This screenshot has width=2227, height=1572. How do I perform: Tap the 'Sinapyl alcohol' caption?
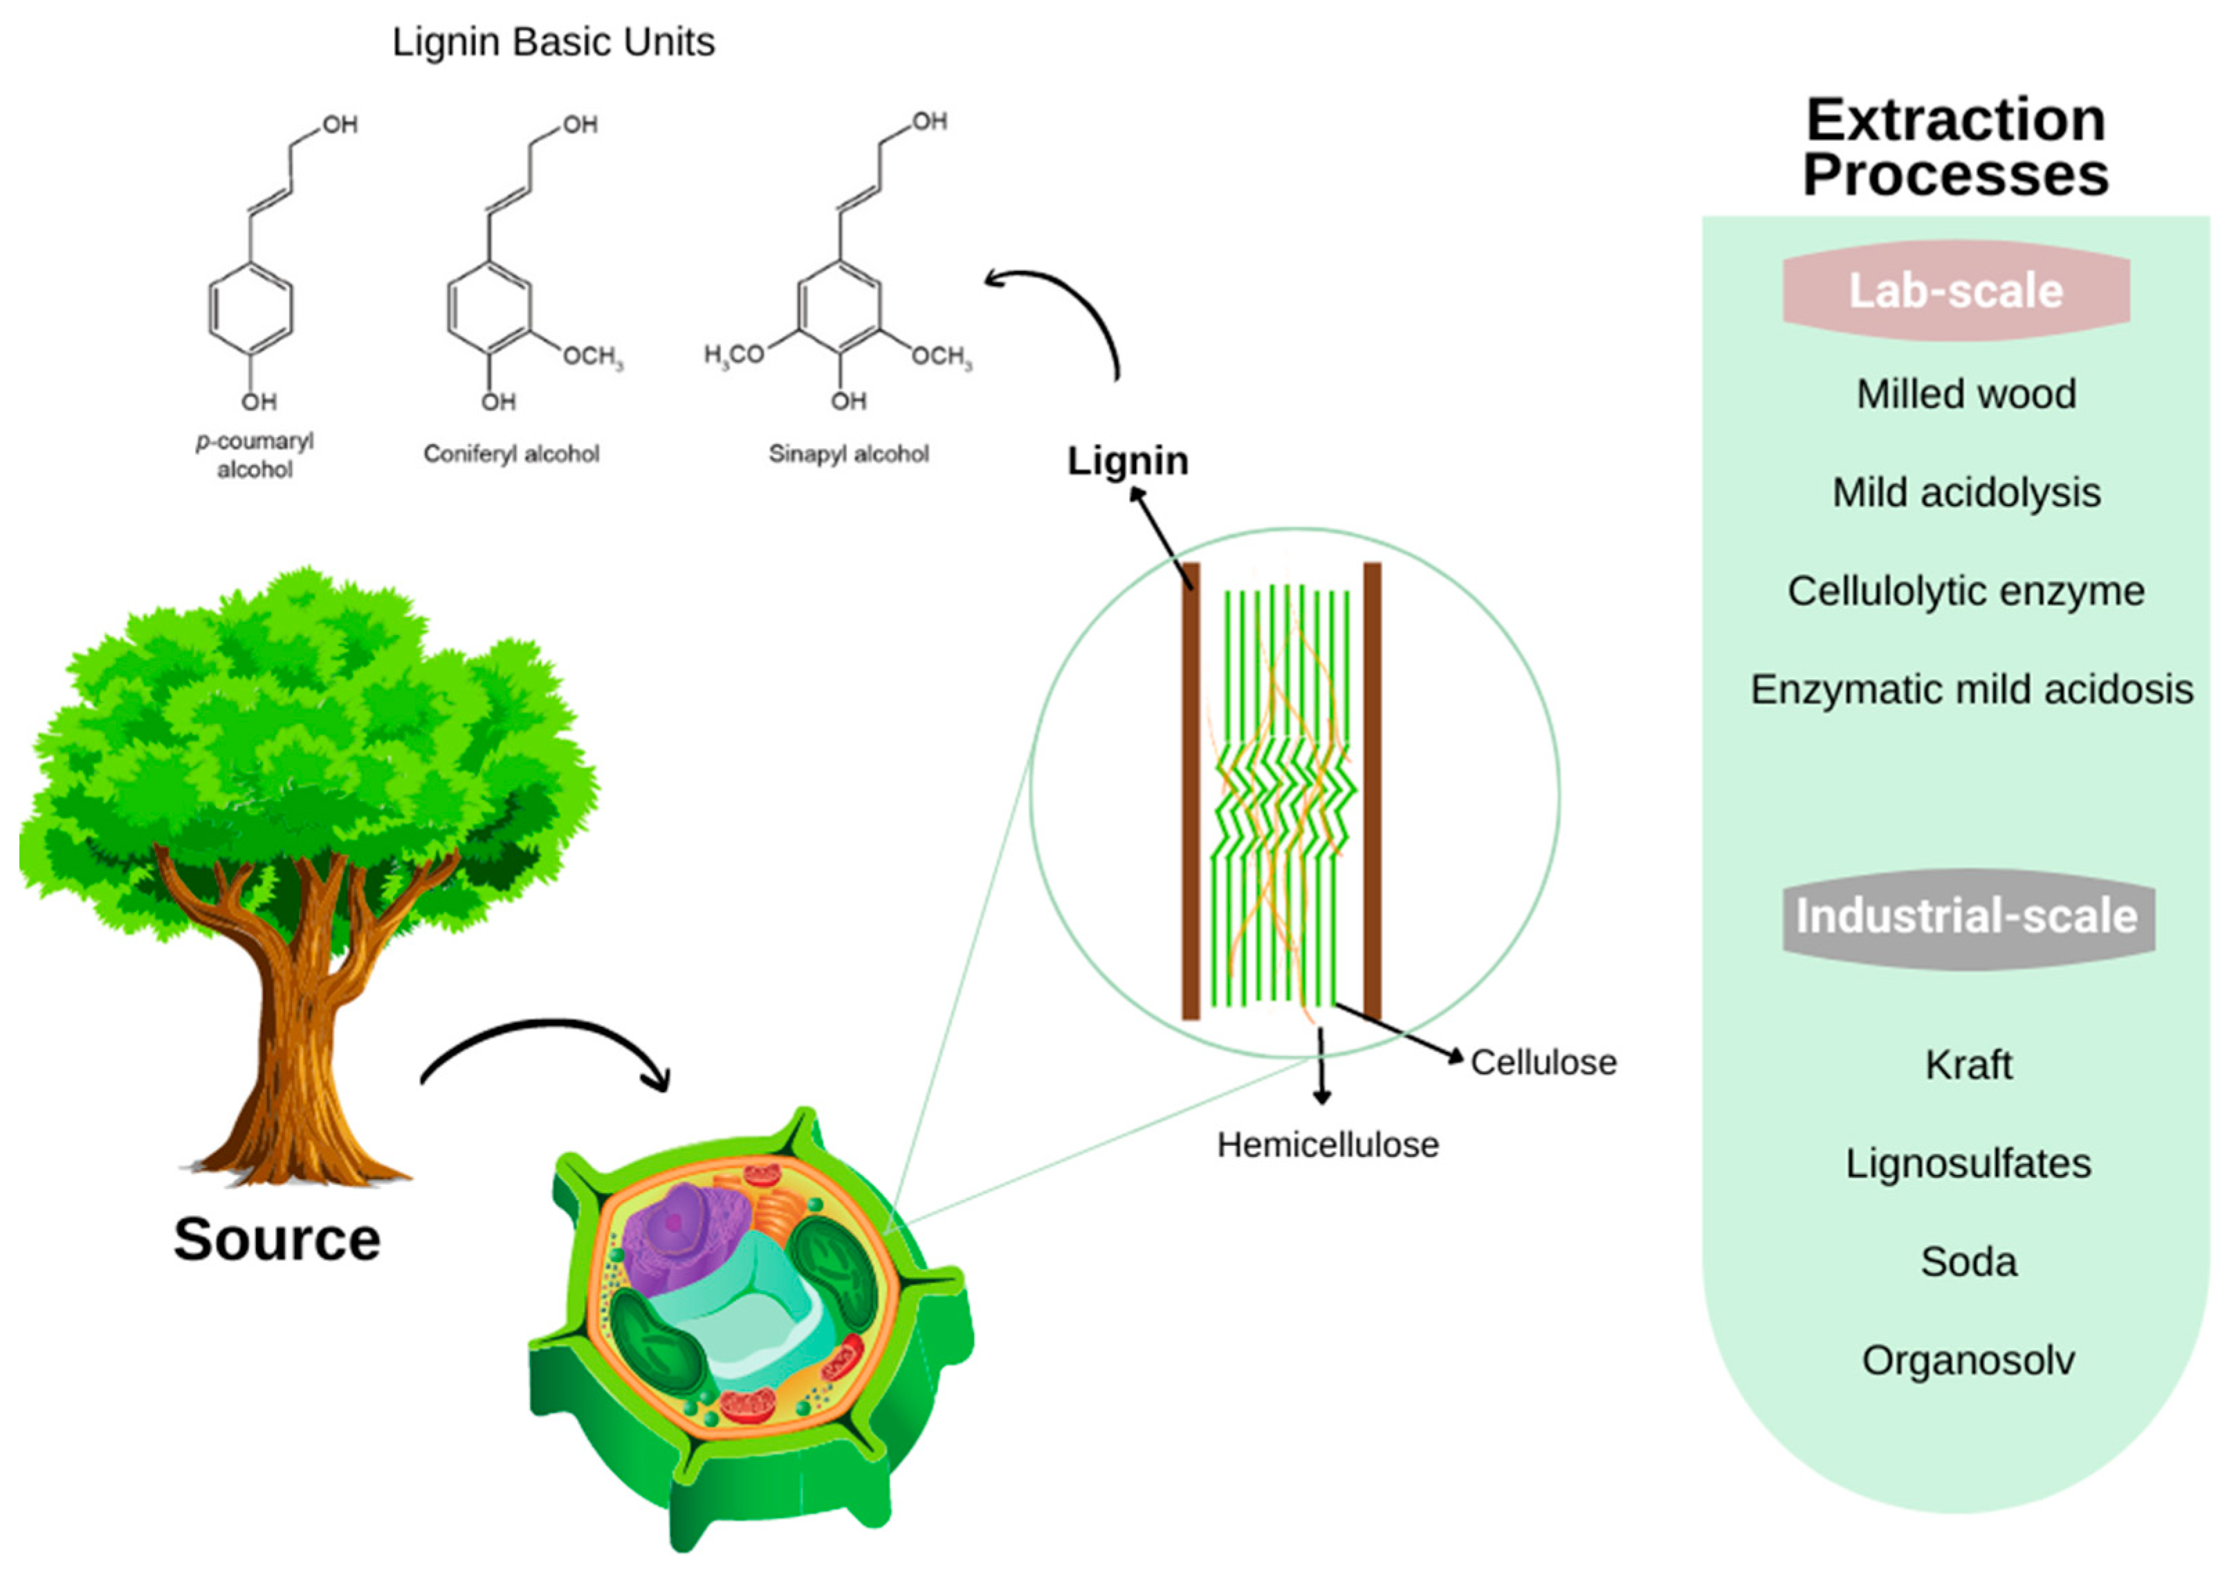[x=849, y=454]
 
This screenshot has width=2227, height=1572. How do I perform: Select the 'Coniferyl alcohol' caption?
[x=511, y=454]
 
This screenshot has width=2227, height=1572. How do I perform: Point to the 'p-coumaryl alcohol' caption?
[x=255, y=455]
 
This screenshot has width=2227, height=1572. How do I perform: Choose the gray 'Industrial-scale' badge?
[x=1967, y=916]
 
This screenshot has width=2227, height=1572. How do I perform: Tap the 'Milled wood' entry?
[x=1966, y=394]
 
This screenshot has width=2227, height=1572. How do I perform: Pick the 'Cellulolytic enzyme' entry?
[x=1966, y=591]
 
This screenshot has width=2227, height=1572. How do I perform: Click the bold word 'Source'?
[x=277, y=1239]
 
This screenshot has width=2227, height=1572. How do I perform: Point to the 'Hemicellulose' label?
[x=1328, y=1145]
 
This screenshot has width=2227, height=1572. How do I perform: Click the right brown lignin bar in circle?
[x=1371, y=790]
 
